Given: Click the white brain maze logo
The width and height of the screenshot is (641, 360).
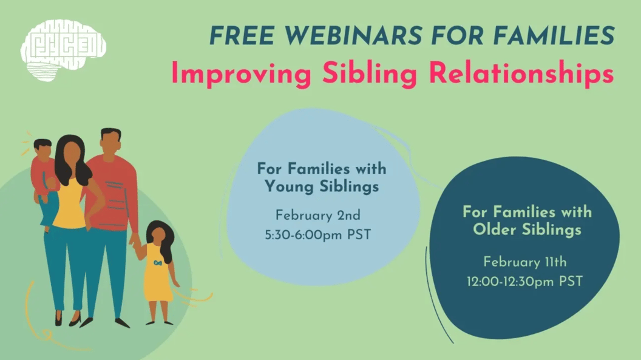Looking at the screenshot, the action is [63, 50].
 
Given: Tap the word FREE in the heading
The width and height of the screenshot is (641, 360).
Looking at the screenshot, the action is [242, 36].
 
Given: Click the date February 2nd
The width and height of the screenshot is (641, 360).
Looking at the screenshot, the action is [318, 216].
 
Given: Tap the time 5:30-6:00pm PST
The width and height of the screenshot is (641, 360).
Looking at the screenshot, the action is [318, 235].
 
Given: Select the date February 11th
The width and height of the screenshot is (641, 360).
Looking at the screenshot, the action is [525, 262].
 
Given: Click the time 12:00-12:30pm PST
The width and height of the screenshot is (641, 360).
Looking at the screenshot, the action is [525, 282].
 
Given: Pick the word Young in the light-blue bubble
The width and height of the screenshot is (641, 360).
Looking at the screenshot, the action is [290, 187].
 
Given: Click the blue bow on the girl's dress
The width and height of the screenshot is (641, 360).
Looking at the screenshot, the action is [158, 263].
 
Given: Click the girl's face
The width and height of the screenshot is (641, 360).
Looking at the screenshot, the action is [158, 236].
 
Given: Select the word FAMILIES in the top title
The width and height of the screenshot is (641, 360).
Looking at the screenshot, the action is [554, 36].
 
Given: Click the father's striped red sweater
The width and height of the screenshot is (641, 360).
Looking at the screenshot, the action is [112, 192].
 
